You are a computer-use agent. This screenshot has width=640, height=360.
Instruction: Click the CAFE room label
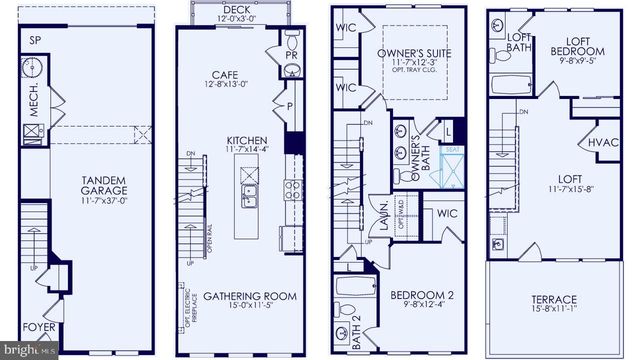[x=236, y=74]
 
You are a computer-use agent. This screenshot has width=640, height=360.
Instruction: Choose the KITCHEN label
[x=246, y=140]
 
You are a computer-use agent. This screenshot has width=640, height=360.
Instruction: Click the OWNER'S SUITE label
[x=409, y=53]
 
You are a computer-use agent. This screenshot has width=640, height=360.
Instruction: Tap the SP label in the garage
[x=35, y=41]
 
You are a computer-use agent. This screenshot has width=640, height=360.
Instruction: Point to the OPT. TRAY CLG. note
[x=409, y=75]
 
